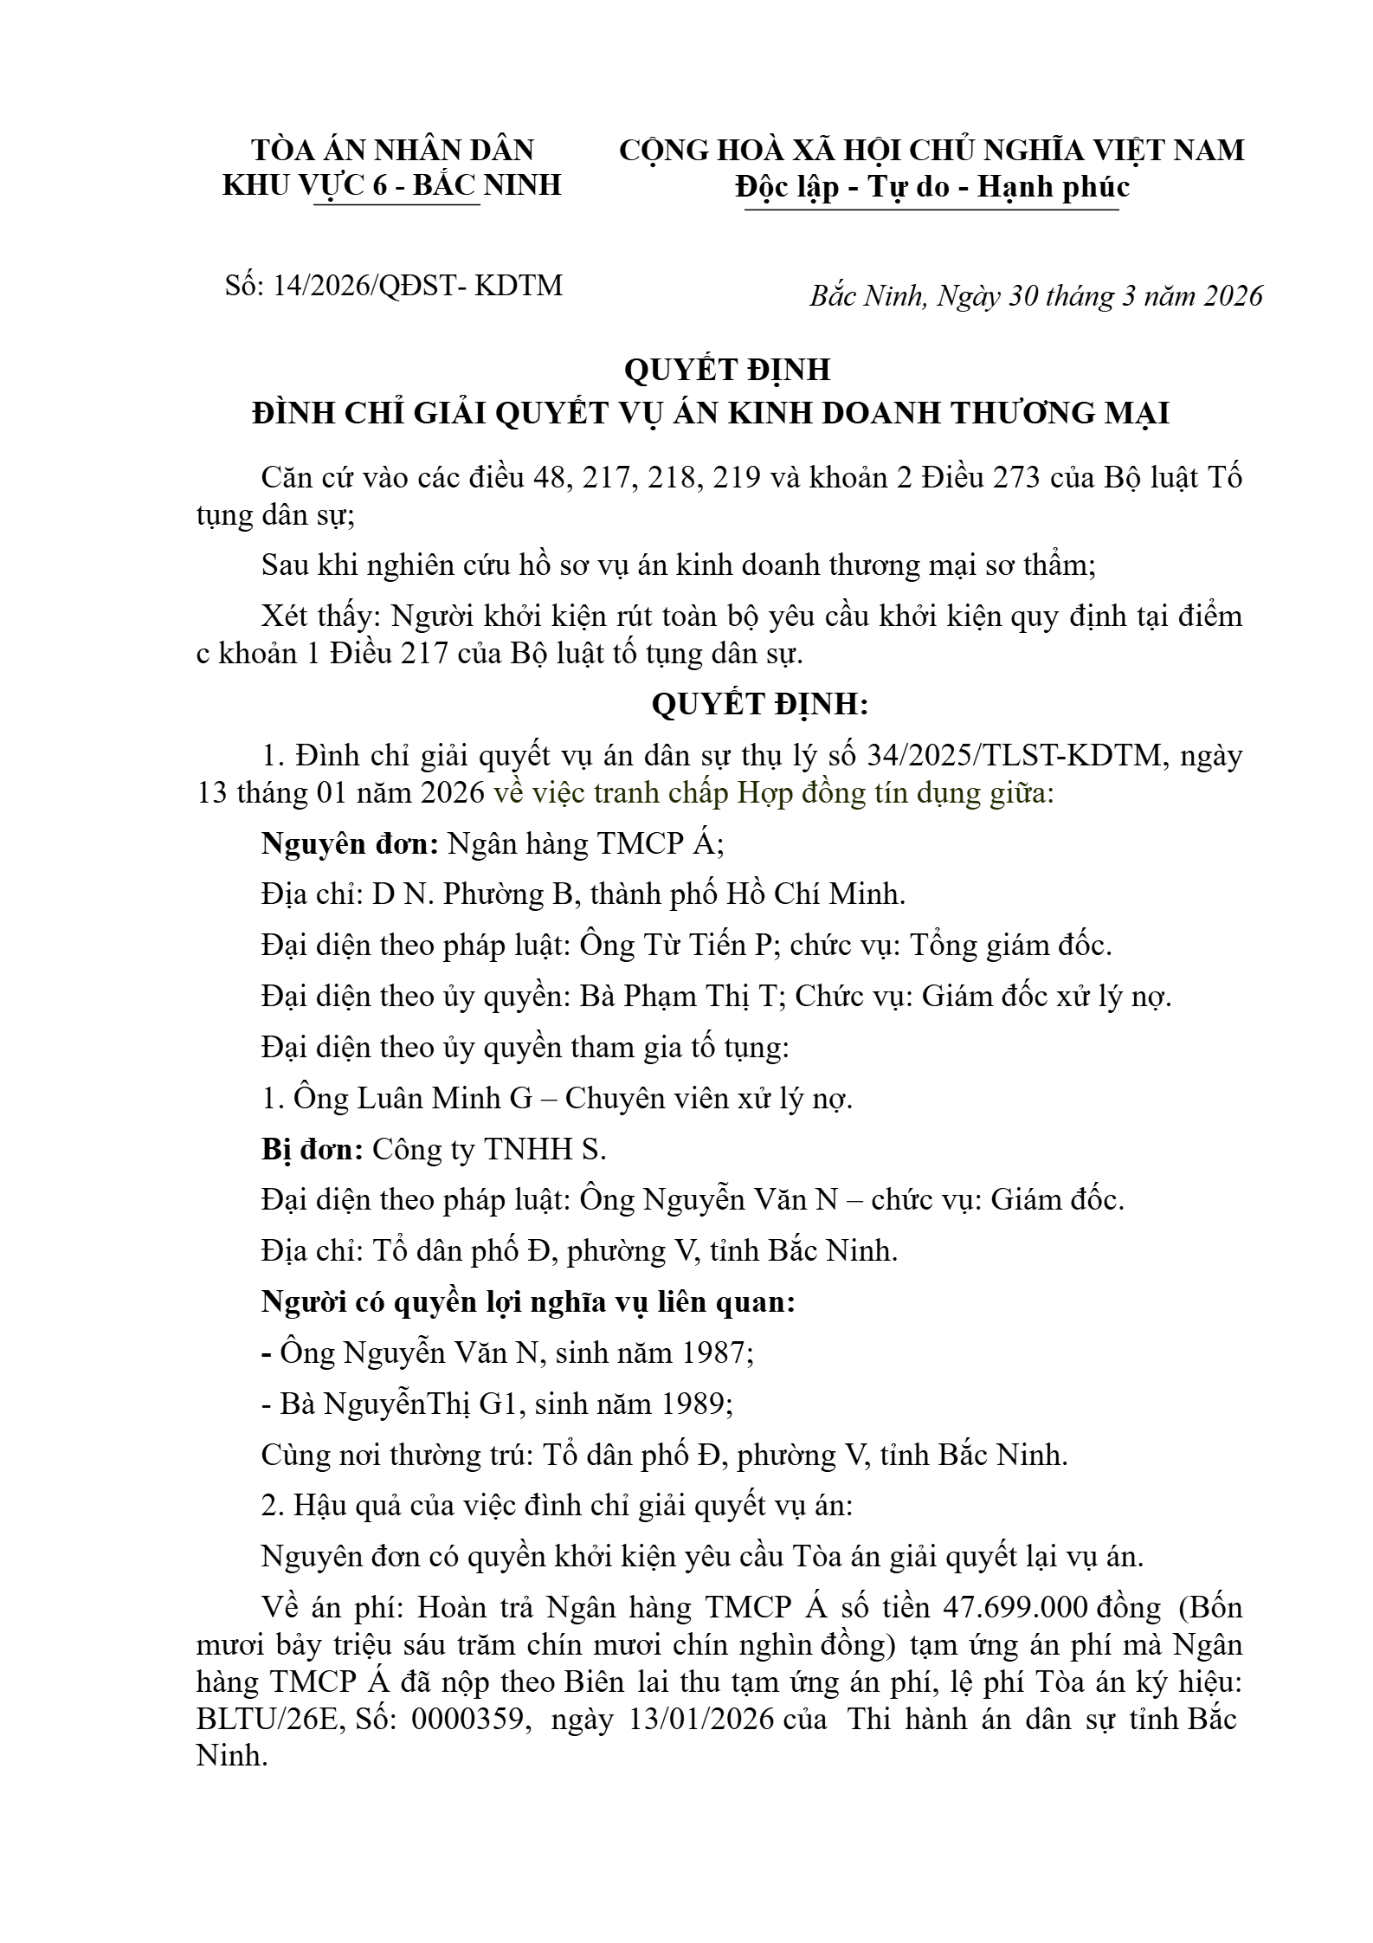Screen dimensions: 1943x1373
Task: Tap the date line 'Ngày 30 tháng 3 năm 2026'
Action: pyautogui.click(x=1099, y=296)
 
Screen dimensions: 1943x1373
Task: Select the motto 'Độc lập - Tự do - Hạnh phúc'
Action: pyautogui.click(x=932, y=186)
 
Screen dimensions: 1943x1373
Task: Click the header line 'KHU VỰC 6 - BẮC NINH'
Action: pyautogui.click(x=392, y=184)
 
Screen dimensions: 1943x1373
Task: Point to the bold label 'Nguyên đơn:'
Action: pyautogui.click(x=350, y=843)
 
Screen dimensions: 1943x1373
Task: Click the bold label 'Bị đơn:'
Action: pyautogui.click(x=313, y=1150)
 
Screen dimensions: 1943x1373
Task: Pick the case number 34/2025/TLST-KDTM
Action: pyautogui.click(x=1012, y=756)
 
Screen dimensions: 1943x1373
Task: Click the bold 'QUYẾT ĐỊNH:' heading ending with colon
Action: pyautogui.click(x=759, y=705)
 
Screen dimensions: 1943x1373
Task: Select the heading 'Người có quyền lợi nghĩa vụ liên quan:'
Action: pyautogui.click(x=528, y=1302)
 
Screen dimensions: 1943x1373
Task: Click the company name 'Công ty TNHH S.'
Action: pyautogui.click(x=489, y=1150)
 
